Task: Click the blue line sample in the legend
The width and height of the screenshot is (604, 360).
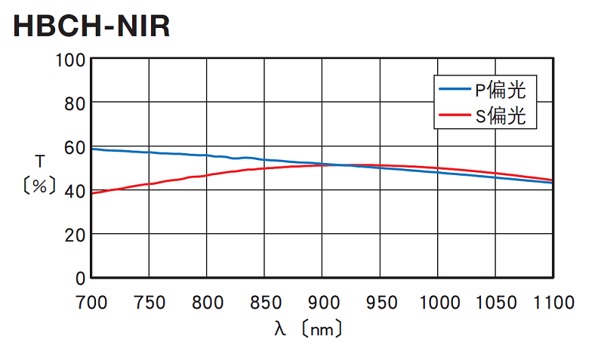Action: coord(455,91)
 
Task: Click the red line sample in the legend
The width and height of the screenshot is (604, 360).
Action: coord(455,115)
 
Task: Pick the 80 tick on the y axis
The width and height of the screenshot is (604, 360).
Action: coord(75,103)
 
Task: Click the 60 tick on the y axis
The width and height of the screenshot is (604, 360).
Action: coord(75,146)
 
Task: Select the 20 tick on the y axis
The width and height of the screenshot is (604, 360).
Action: coord(75,234)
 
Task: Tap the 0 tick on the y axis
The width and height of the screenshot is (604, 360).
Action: coord(80,278)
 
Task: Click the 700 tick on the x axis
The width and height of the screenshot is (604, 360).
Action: coord(91,303)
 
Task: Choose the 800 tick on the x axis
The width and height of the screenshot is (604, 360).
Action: coord(207,303)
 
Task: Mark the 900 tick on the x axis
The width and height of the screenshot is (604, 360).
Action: coord(322,303)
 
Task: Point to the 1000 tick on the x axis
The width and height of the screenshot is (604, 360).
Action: coord(438,303)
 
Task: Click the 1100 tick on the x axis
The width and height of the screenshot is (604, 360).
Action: coord(553,303)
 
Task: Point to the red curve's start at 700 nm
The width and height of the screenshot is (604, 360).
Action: coord(92,193)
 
